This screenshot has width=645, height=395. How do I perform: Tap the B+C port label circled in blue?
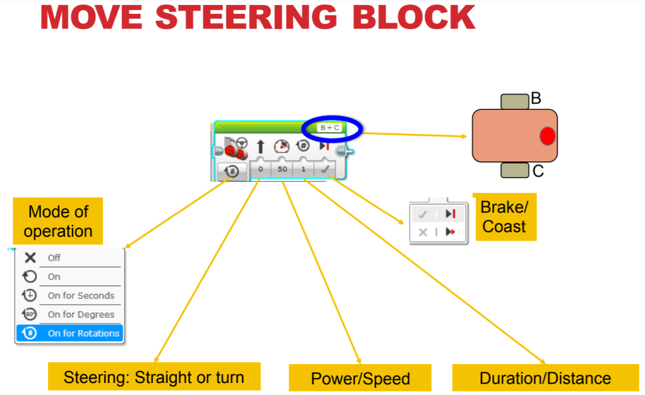[330, 127]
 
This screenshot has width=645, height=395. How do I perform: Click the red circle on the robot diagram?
[547, 136]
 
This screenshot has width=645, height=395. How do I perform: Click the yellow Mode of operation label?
[58, 221]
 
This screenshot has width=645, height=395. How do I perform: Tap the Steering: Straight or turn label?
[154, 377]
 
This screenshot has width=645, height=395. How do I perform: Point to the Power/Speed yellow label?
[360, 379]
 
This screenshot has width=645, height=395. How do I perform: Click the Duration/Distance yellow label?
[545, 378]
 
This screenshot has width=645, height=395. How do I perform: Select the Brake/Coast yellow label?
[504, 217]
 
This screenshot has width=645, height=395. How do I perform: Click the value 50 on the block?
[282, 170]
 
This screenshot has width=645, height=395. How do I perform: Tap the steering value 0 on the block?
[260, 170]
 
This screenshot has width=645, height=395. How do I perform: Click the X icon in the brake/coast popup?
[423, 232]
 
